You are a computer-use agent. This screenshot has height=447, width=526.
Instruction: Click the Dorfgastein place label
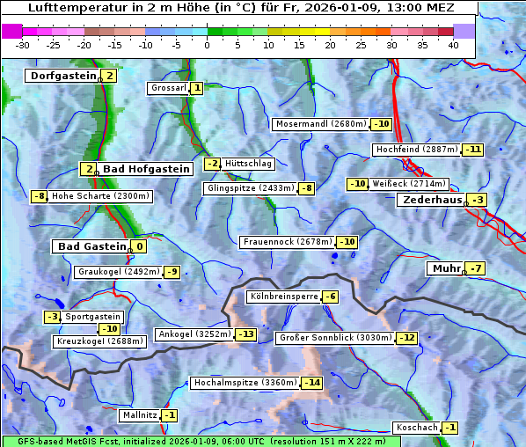pos(62,77)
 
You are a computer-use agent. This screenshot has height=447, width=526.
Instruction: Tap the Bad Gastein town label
pos(92,246)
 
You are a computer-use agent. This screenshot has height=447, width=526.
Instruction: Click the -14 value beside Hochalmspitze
pos(312,383)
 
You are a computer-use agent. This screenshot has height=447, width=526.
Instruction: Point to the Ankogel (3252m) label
pos(194,334)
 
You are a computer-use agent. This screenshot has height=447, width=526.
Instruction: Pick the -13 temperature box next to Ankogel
pos(245,334)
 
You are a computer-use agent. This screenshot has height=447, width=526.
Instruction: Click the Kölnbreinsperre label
pos(282,297)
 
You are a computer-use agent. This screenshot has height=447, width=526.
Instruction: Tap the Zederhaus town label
pos(431,201)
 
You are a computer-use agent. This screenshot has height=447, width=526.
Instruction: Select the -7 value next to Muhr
pos(476,268)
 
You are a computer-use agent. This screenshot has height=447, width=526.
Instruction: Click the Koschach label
pos(416,428)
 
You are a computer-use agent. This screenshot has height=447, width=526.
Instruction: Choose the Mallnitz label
pos(139,414)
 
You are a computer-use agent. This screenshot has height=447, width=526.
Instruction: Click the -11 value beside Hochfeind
pos(473,150)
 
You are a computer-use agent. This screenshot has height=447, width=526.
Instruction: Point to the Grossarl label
pos(168,88)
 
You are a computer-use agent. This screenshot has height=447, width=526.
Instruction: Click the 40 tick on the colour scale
pos(453,44)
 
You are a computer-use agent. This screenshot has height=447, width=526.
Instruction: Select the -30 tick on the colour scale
pos(23,44)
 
